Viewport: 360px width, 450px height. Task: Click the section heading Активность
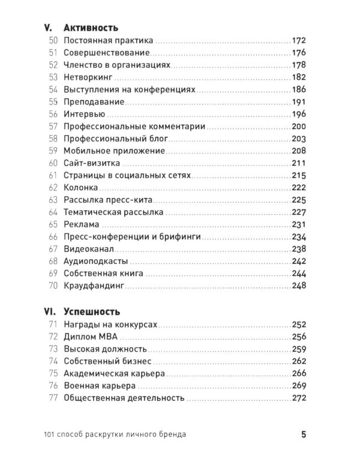click(91, 28)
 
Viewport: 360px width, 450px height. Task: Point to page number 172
click(298, 40)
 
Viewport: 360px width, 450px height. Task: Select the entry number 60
click(53, 163)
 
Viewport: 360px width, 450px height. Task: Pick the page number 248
click(298, 286)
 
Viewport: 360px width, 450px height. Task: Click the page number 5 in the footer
click(304, 433)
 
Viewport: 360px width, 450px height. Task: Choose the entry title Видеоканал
click(89, 249)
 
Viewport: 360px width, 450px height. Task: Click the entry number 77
click(53, 398)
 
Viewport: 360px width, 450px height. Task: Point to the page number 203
click(298, 139)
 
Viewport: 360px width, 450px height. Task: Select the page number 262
click(298, 361)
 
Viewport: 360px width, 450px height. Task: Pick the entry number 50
click(53, 40)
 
